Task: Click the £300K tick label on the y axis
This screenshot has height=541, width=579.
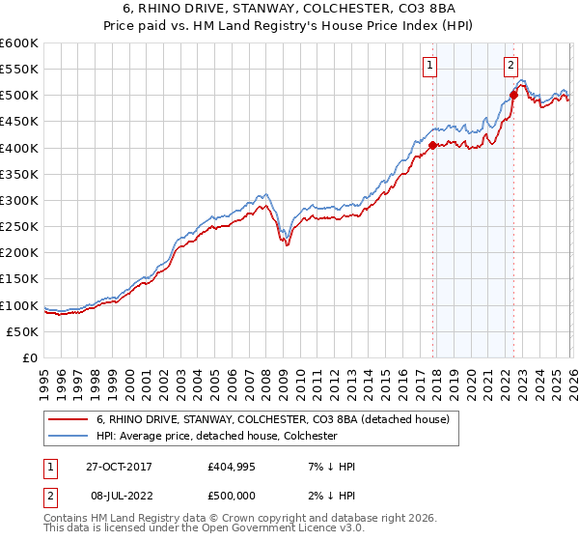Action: [x=18, y=200]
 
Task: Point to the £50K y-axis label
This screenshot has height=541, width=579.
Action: [x=21, y=331]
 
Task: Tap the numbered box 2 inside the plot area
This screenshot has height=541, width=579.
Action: [x=510, y=66]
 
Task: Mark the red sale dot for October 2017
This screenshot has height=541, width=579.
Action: [x=432, y=146]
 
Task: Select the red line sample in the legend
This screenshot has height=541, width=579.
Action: [x=68, y=420]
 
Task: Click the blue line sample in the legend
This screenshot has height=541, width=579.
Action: [x=68, y=437]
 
